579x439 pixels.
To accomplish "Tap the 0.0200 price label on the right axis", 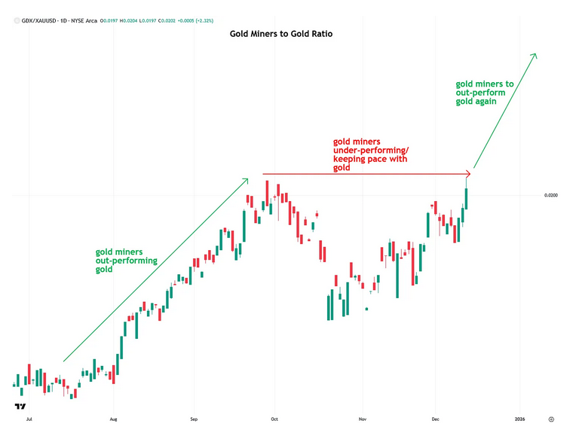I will click(x=551, y=196).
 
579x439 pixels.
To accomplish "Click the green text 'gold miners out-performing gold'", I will click(x=126, y=261).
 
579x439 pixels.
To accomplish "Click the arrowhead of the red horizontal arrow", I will click(x=467, y=175).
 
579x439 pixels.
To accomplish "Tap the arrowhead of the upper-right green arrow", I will click(x=535, y=56).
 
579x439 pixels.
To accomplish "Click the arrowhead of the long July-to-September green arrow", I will click(x=246, y=181).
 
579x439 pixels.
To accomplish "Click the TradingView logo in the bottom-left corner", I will click(x=19, y=408).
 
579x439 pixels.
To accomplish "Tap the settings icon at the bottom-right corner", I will click(x=551, y=418).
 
